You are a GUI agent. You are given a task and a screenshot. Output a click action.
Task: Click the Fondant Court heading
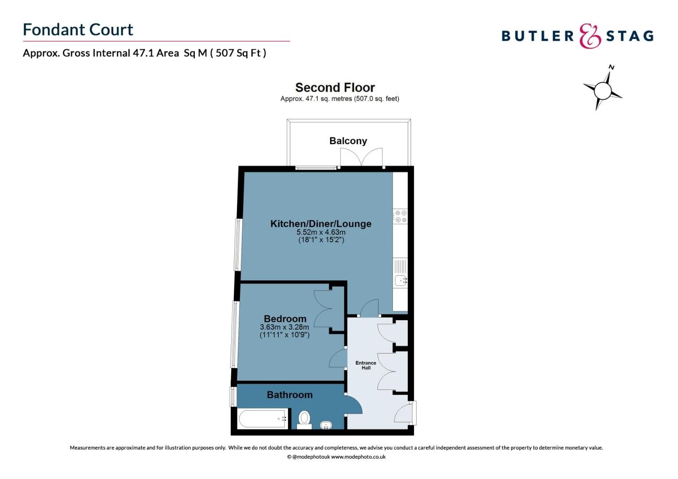78,30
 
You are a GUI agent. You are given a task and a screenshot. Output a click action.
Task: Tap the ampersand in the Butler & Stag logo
590,36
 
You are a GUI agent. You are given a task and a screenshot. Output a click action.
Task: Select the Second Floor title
335,87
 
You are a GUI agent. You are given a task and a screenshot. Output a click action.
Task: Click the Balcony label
348,141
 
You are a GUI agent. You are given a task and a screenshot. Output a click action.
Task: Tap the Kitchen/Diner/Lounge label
321,224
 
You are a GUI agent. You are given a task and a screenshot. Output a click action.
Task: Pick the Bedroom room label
285,318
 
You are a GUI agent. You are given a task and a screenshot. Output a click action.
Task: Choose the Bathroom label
289,395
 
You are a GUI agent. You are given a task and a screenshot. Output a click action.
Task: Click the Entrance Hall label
366,365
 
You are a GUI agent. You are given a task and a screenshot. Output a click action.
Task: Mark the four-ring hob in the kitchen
401,216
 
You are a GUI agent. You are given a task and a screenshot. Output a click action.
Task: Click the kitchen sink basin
401,280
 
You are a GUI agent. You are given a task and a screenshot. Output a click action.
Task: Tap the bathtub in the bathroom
262,419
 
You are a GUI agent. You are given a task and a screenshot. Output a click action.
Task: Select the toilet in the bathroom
304,419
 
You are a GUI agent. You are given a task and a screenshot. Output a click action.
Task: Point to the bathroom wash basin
326,425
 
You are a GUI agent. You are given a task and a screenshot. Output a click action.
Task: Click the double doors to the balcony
361,157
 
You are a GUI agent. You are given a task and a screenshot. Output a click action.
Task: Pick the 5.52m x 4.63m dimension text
321,232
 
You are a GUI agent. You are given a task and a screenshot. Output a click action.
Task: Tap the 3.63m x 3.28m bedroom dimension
284,327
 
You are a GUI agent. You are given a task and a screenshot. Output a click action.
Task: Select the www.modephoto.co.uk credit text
358,457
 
